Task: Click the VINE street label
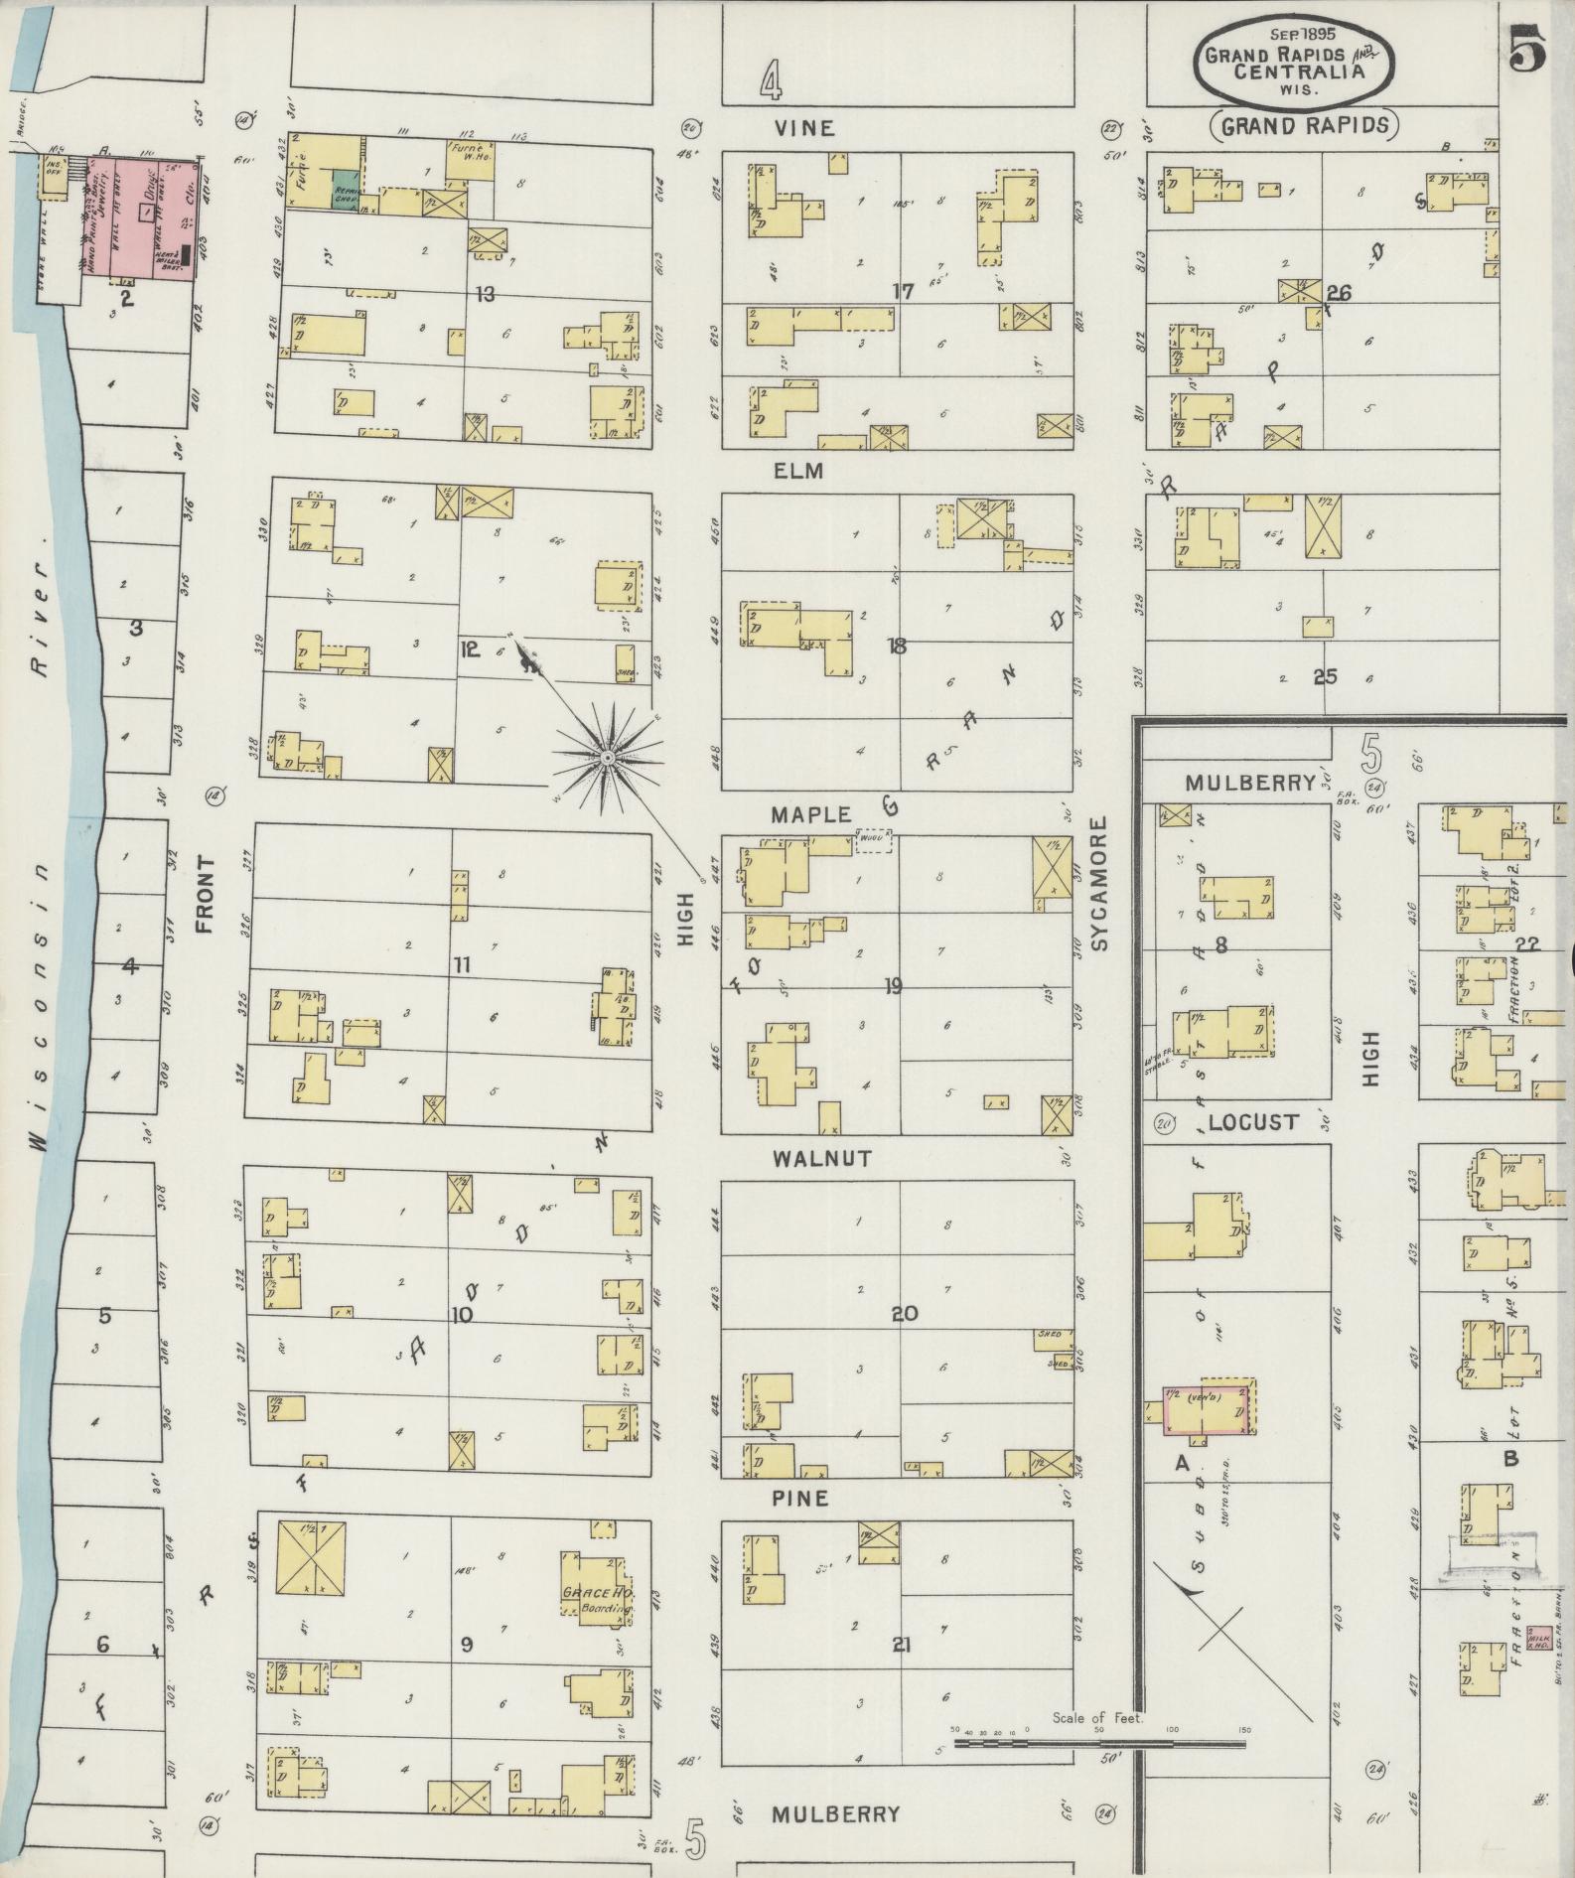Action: tap(805, 128)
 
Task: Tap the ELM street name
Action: tap(799, 472)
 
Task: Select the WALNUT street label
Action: tap(808, 1159)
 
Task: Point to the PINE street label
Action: tap(800, 1498)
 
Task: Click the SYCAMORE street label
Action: tap(1098, 885)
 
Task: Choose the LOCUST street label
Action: tap(1253, 1123)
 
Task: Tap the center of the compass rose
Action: tap(605, 758)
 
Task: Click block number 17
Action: tap(902, 292)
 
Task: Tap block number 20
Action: tap(904, 1313)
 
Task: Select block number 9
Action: tap(466, 1645)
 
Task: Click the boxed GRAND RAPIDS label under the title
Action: tap(1303, 125)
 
